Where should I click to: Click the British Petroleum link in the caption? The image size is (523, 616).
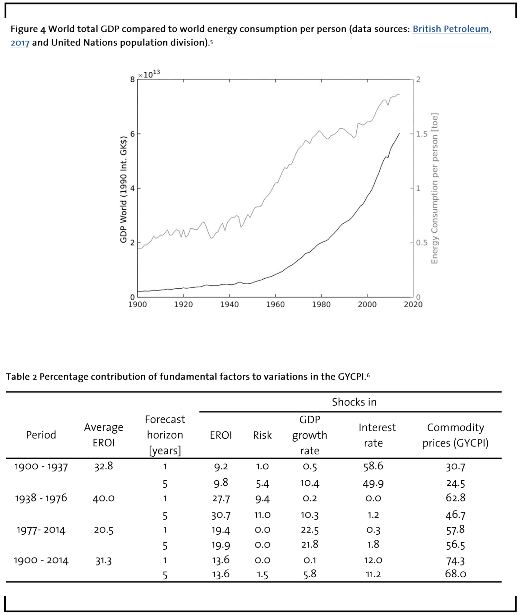pos(452,29)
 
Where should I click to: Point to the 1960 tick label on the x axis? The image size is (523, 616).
pos(275,305)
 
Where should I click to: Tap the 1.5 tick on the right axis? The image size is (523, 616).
pos(422,134)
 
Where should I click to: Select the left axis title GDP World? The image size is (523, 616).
pos(124,190)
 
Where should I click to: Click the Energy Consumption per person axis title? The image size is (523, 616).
pos(434,188)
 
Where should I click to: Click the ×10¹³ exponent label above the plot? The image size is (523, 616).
pos(149,74)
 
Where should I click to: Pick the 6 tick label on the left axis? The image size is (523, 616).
pos(132,134)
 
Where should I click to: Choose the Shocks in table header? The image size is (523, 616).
pos(354,402)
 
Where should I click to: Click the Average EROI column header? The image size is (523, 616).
pos(104,435)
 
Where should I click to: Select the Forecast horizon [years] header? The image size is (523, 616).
pos(165,435)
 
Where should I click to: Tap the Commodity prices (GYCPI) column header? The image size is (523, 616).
pos(455,435)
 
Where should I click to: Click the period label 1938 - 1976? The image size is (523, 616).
pos(41,498)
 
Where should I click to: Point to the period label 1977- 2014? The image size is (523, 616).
pos(41,530)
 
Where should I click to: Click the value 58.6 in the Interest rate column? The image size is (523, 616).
pos(373,466)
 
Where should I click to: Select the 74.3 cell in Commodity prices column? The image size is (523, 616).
pos(455,561)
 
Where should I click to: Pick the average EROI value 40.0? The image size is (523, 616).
pos(104,498)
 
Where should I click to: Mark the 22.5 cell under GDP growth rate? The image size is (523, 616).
pos(310,530)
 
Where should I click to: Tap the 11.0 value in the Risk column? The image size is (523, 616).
pos(262,515)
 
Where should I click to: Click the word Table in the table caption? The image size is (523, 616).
pos(18,377)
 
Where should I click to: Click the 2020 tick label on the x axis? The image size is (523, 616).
pos(413,305)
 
